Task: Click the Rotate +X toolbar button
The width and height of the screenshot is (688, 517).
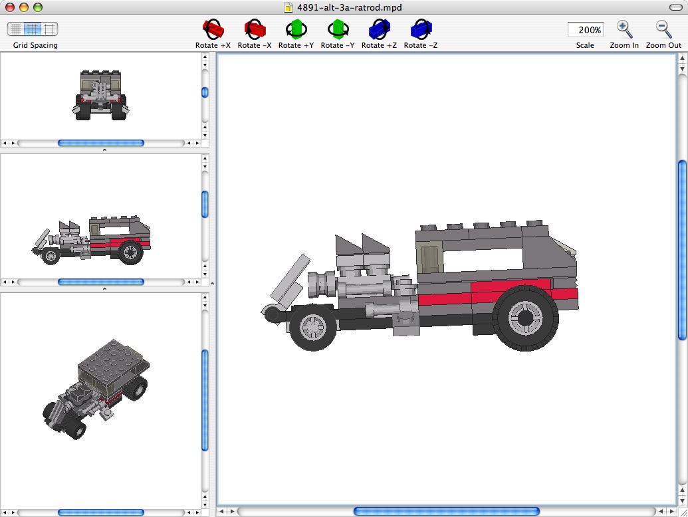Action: coord(213,30)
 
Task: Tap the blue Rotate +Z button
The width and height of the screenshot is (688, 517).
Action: coord(379,30)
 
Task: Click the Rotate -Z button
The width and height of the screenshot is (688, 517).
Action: coord(421,30)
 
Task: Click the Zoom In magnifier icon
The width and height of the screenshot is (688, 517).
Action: coord(624,29)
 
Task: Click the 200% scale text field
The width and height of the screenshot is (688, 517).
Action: coord(585,30)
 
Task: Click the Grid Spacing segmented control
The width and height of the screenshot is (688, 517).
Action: coord(33,29)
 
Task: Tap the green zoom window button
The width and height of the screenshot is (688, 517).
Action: coord(37,7)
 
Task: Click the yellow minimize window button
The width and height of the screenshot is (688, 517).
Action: coord(24,7)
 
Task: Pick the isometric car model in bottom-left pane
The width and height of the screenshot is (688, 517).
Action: coord(100,385)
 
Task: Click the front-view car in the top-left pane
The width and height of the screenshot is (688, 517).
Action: coord(101,96)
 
